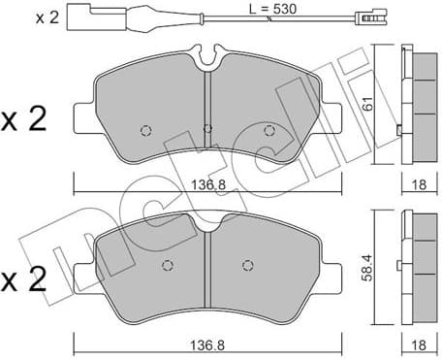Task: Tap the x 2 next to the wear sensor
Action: pyautogui.click(x=20, y=17)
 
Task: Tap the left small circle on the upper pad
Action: pyautogui.click(x=145, y=130)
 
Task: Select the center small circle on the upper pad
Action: pyautogui.click(x=207, y=126)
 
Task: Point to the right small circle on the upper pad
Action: pyautogui.click(x=269, y=130)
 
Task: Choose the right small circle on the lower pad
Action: pyautogui.click(x=249, y=262)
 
